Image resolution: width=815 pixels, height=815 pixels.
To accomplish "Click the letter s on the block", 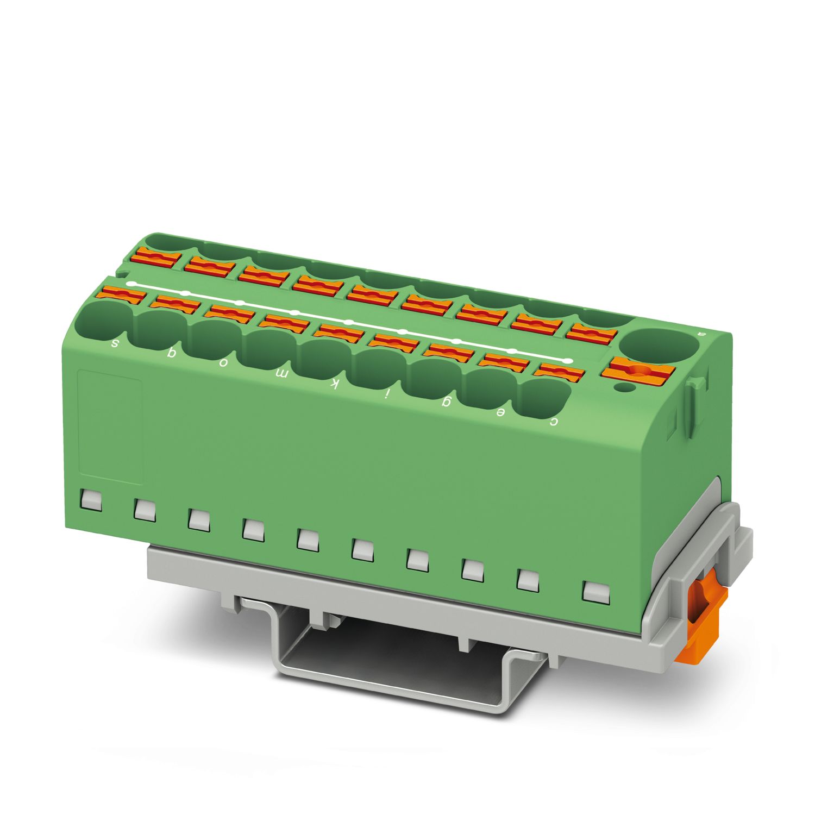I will pos(115,343).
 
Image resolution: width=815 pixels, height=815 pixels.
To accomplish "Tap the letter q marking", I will pos(171,354).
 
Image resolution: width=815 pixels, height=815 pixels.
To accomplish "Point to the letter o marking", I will pos(223,365).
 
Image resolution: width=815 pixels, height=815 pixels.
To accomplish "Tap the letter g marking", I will pos(447,403).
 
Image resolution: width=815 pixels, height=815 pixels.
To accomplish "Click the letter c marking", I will pos(554,422).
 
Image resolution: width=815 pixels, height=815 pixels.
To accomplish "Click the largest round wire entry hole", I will pos(659,344).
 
